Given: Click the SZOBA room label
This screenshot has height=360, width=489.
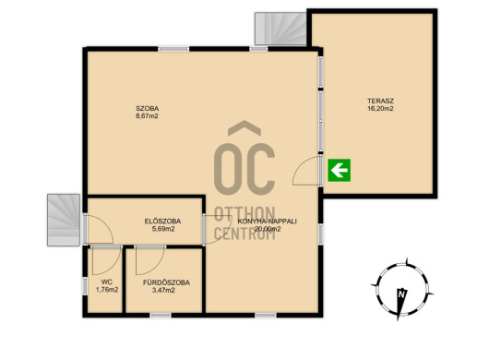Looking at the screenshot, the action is click(x=148, y=109).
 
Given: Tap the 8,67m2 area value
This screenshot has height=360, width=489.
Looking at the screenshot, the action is click(x=148, y=116).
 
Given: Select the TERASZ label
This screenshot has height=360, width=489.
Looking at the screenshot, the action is click(x=380, y=101).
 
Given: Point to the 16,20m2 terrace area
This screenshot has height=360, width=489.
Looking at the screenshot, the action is click(x=380, y=109).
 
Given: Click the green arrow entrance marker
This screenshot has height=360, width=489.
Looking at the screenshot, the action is click(x=340, y=170).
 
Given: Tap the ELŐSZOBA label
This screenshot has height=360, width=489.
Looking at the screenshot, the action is click(x=162, y=222).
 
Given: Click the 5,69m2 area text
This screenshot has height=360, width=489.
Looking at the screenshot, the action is click(x=162, y=229).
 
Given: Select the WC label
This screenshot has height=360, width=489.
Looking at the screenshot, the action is click(x=107, y=282).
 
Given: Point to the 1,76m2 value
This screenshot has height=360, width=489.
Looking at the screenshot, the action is click(x=107, y=290).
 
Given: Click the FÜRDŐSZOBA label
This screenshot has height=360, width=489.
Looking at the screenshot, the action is click(x=166, y=282).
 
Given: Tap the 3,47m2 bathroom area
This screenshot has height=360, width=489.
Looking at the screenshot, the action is click(x=163, y=291).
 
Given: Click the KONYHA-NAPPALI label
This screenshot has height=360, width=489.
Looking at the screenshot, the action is click(x=268, y=222).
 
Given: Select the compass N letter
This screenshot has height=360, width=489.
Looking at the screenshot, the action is click(x=401, y=294).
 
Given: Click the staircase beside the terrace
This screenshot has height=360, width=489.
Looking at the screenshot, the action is click(x=280, y=29).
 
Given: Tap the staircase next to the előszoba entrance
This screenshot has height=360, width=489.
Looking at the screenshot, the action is click(x=64, y=220).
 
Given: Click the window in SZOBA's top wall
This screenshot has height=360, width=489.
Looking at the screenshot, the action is click(x=173, y=49).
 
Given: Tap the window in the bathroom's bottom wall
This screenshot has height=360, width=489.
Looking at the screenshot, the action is click(x=161, y=316).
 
